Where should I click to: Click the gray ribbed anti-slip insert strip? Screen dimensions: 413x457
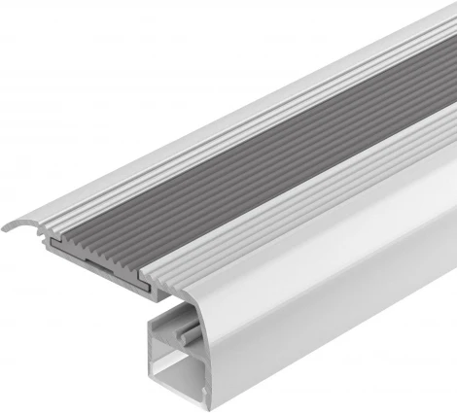(292, 155)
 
